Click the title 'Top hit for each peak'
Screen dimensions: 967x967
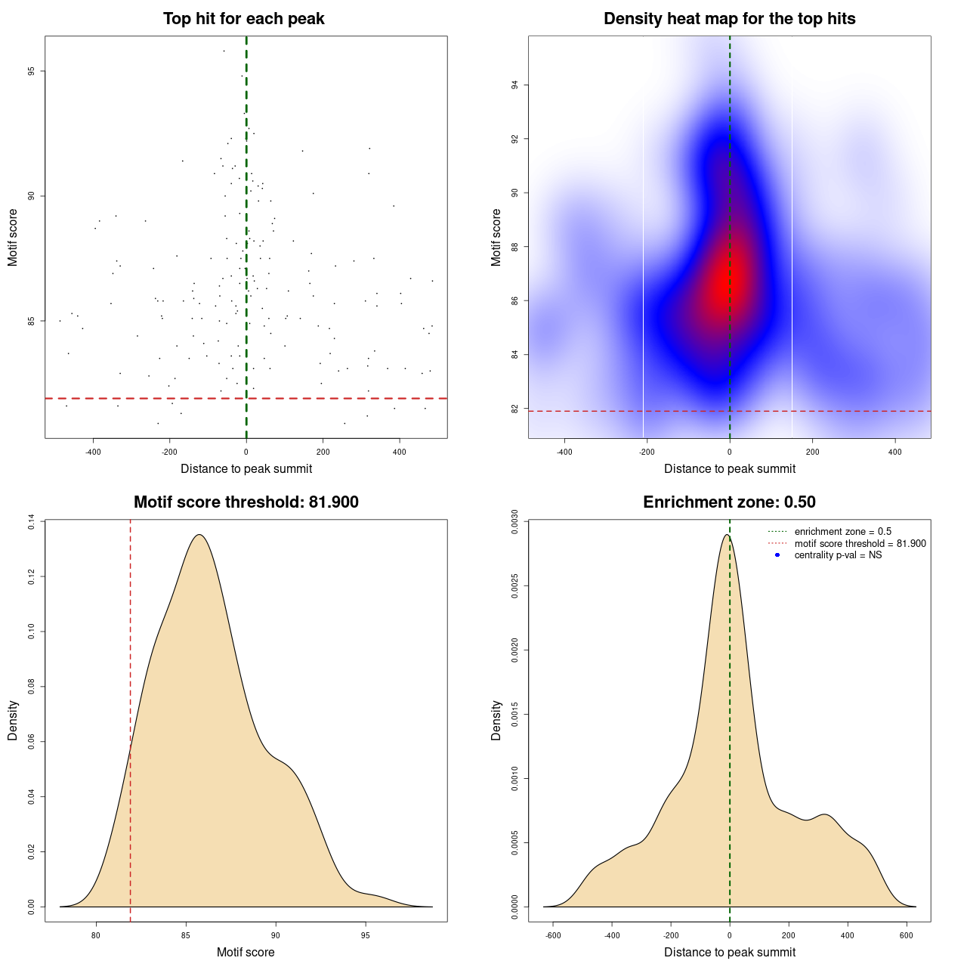244,19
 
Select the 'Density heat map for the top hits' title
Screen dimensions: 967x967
729,19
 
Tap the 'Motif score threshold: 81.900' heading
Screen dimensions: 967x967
246,502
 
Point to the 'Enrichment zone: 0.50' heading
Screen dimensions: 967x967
729,502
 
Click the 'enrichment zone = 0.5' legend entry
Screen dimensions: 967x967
842,532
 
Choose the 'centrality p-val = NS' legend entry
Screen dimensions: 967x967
838,555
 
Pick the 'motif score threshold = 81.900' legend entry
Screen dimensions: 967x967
860,544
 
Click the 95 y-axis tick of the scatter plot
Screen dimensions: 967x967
31,71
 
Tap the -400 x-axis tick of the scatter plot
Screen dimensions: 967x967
93,452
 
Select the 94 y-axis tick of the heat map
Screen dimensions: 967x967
514,85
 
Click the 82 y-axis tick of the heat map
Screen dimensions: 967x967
514,409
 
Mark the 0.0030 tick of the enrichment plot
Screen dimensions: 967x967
514,522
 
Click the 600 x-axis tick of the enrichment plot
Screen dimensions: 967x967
907,935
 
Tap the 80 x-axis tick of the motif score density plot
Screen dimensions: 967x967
96,935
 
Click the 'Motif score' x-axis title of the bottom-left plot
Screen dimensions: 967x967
246,953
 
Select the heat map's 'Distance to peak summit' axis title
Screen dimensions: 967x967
729,469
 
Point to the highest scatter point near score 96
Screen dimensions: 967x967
224,51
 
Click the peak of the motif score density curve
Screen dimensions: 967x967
199,535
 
